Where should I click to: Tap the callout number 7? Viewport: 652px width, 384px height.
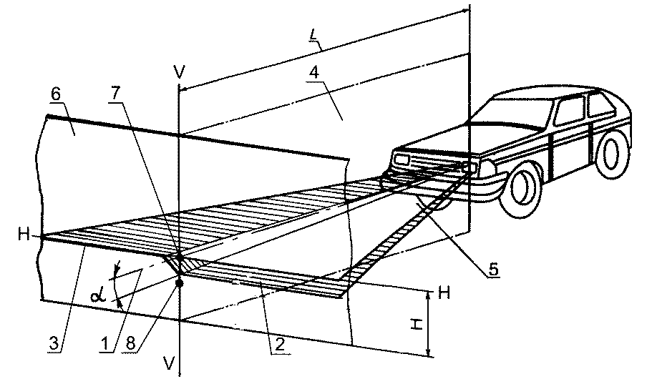pyautogui.click(x=115, y=94)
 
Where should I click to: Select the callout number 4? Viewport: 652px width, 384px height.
pyautogui.click(x=313, y=73)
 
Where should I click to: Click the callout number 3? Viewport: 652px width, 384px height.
pyautogui.click(x=54, y=344)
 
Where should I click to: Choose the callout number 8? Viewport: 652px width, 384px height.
pyautogui.click(x=130, y=344)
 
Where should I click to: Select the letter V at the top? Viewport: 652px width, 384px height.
pyautogui.click(x=179, y=73)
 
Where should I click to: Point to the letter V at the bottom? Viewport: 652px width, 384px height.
pyautogui.click(x=169, y=363)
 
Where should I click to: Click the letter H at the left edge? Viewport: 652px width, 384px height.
pyautogui.click(x=24, y=235)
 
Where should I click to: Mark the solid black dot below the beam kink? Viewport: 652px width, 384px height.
pyautogui.click(x=180, y=282)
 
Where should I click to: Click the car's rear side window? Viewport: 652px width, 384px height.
pyautogui.click(x=601, y=105)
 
